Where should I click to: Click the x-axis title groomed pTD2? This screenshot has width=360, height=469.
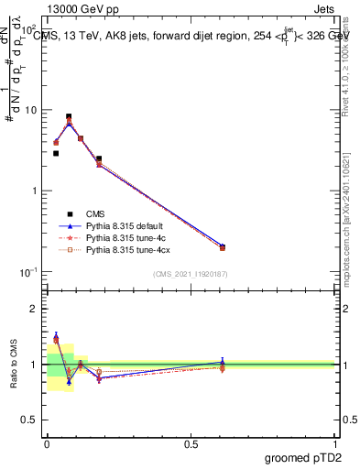303,459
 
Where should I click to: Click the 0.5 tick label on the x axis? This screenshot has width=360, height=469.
191,444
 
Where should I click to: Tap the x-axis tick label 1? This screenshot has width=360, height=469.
335,444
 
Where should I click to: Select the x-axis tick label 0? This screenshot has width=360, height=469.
47,444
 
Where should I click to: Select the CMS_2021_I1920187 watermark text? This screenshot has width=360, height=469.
191,275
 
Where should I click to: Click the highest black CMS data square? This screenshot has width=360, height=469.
70,117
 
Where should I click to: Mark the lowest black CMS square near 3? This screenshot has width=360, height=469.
56,154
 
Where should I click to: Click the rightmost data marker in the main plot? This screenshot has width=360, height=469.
223,247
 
